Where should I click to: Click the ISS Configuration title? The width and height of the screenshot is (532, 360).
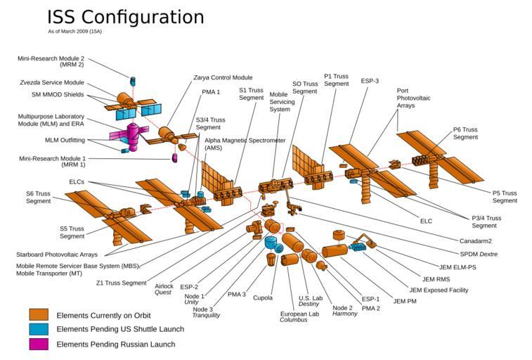point(125,17)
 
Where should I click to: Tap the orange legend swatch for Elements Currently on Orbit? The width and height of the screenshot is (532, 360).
point(39,315)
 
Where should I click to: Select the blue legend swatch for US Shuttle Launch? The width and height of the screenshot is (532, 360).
point(39,329)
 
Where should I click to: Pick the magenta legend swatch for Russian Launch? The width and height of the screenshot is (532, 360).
point(39,344)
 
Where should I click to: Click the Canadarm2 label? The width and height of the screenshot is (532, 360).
point(475,241)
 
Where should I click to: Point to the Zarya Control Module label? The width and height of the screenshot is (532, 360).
point(223,77)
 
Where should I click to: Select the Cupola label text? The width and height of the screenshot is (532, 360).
point(263,298)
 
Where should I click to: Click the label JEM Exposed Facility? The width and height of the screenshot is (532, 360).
point(439,290)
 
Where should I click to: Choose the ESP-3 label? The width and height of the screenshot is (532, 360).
point(370,81)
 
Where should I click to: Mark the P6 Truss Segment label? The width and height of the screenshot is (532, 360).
point(465,133)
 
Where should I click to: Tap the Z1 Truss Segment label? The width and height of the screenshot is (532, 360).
point(121,283)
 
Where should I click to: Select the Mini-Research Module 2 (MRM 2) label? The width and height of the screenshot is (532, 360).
point(51,61)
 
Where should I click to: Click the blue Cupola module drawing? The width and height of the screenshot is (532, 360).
point(271,243)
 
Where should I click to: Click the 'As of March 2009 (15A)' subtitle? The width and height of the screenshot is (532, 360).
point(77,32)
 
